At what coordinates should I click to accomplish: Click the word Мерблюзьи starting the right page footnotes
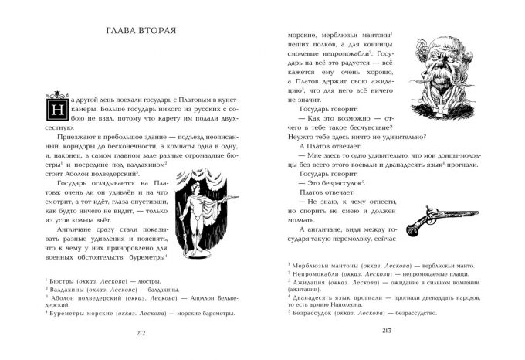pyautogui.click(x=313, y=265)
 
